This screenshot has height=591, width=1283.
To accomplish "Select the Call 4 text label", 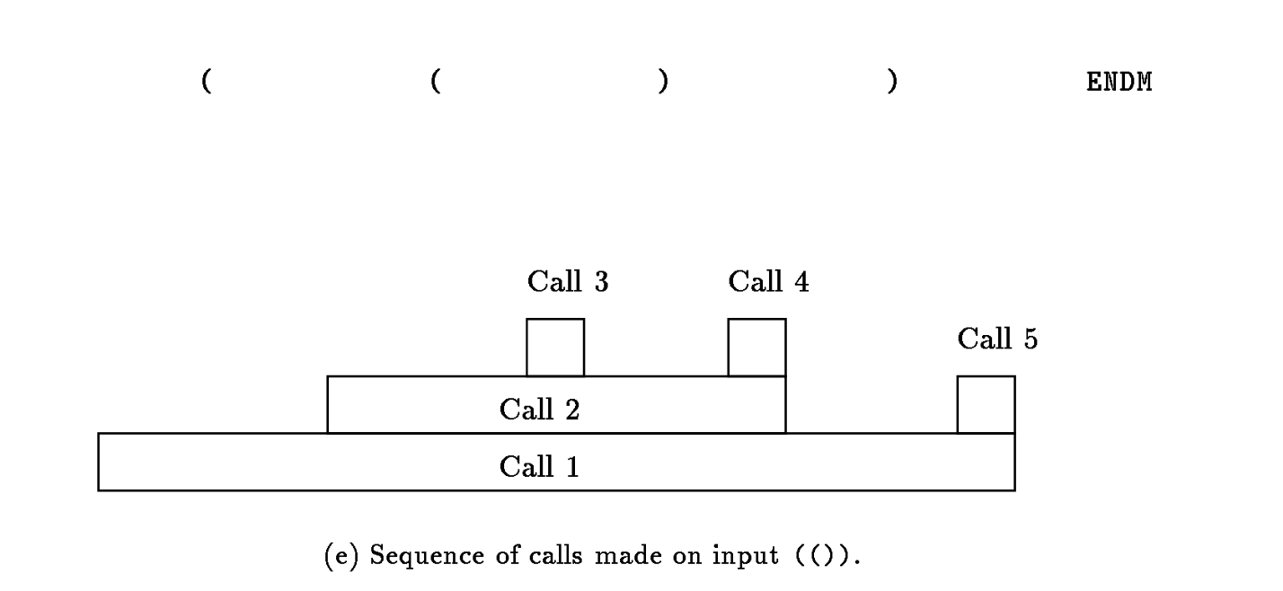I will [x=768, y=282].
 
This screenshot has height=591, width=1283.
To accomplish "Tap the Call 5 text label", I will [x=997, y=340].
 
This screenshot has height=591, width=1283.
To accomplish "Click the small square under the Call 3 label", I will [x=555, y=348].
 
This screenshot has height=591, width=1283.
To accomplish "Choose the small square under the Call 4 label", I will [x=757, y=348].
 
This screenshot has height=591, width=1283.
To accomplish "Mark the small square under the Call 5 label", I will [x=986, y=405].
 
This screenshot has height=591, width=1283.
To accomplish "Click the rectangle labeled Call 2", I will [x=556, y=405].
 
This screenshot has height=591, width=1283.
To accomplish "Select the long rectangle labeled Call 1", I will [x=556, y=463].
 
